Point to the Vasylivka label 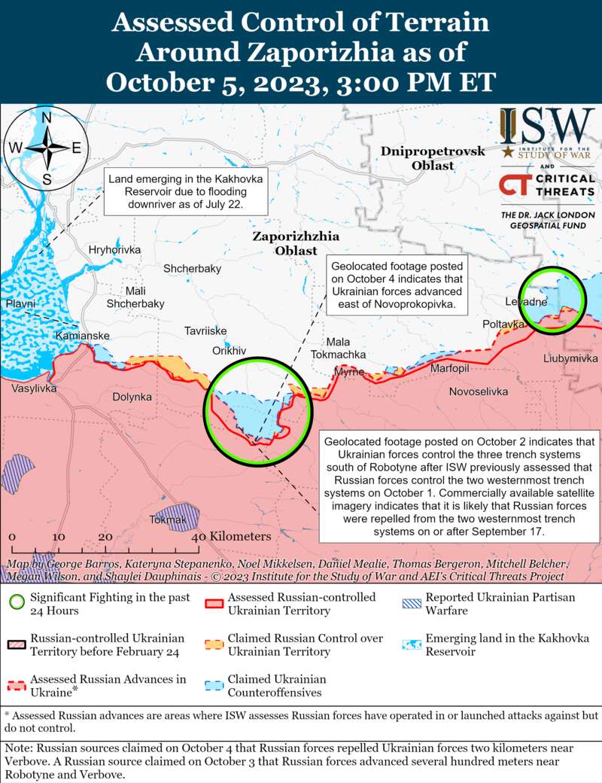33,388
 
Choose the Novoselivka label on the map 479,391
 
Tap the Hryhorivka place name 114,249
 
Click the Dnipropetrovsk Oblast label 433,158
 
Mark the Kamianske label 83,335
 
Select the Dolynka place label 132,396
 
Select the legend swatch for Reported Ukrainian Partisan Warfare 412,604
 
